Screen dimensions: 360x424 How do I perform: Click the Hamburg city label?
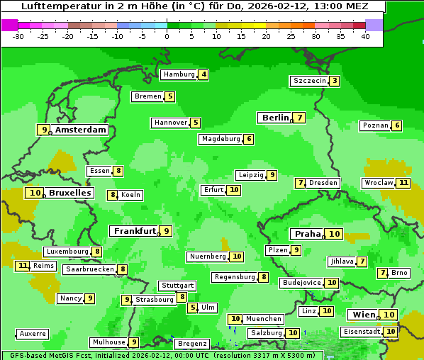[x=179, y=74]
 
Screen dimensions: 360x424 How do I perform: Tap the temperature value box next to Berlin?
[x=301, y=118]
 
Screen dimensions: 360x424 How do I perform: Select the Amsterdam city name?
[x=81, y=130]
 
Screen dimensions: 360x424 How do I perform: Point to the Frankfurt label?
[x=135, y=231]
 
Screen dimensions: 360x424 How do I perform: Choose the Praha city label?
[x=308, y=234]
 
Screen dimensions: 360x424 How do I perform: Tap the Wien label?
[x=364, y=315]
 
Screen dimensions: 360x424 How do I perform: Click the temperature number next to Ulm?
[x=193, y=308]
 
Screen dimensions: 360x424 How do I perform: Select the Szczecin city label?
[x=309, y=81]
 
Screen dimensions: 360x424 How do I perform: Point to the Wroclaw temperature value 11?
[x=404, y=183]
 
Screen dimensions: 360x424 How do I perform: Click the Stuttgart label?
[x=177, y=286]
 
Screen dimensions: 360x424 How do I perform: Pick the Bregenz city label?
[x=191, y=344]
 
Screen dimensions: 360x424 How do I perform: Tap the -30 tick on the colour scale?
[x=18, y=36]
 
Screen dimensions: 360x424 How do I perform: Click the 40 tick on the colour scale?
[x=365, y=36]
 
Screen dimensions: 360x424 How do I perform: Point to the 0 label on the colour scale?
[x=167, y=36]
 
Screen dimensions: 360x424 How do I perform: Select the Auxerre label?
[x=33, y=333]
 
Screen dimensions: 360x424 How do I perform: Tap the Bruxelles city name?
[x=69, y=193]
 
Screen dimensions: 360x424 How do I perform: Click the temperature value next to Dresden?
[x=301, y=183]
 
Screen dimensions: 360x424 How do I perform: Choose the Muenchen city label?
[x=264, y=319]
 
